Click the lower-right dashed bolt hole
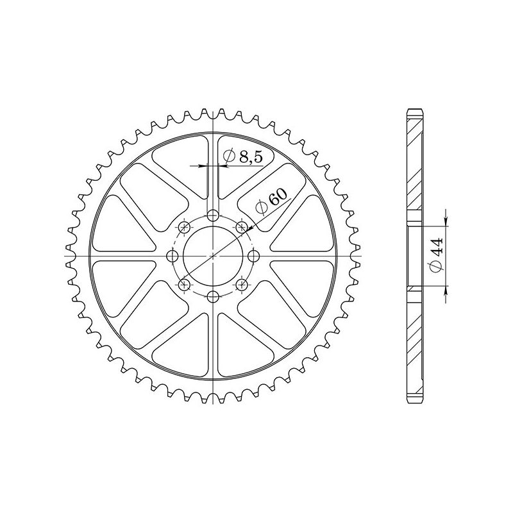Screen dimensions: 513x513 point(242,285)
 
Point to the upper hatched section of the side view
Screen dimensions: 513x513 point(416,167)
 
